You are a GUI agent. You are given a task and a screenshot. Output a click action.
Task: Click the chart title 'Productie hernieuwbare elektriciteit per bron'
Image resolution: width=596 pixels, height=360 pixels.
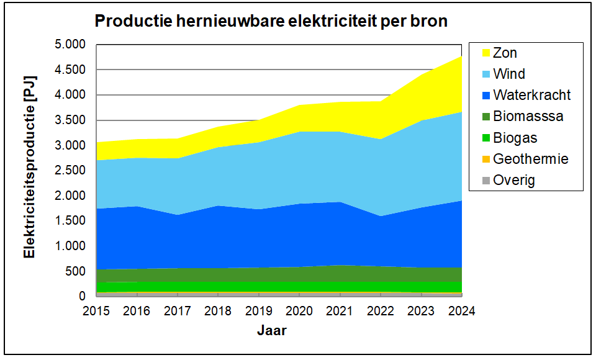pyautogui.click(x=271, y=22)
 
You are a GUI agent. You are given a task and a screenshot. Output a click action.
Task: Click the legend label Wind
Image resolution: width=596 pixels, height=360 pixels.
pyautogui.click(x=509, y=74)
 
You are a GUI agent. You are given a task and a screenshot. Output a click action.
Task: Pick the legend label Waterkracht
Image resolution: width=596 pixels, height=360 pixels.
pyautogui.click(x=531, y=96)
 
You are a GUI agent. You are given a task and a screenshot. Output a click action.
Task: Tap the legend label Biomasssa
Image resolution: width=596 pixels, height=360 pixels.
pyautogui.click(x=528, y=117)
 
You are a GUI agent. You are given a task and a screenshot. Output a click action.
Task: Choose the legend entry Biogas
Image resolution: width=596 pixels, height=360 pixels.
pyautogui.click(x=515, y=138)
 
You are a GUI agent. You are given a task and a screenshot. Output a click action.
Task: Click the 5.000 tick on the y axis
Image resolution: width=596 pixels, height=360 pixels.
pyautogui.click(x=70, y=45)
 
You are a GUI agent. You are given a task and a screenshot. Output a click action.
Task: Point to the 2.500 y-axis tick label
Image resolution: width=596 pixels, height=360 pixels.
pyautogui.click(x=70, y=171)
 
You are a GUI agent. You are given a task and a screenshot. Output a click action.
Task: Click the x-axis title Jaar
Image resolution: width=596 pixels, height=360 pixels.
pyautogui.click(x=272, y=331)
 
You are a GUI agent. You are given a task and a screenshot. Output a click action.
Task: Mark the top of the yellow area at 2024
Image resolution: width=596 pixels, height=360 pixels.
pyautogui.click(x=461, y=56)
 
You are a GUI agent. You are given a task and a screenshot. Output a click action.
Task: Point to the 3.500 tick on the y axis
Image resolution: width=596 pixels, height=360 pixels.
pyautogui.click(x=70, y=120)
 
